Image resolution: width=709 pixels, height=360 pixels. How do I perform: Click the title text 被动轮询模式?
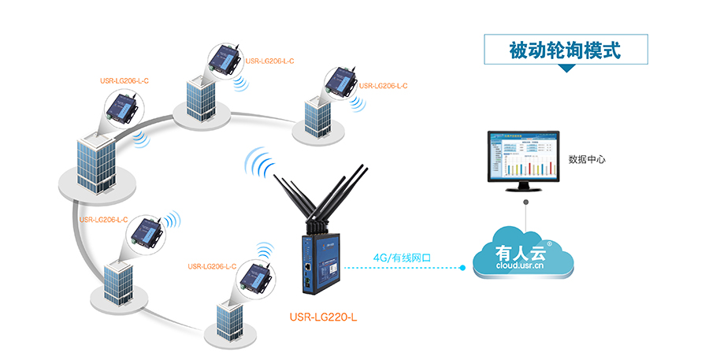click(x=565, y=50)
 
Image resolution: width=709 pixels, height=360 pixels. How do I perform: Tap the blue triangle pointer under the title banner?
click(x=566, y=69)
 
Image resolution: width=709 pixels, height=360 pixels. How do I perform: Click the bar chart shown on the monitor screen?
click(x=528, y=166)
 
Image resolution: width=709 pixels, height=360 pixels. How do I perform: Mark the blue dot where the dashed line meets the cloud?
click(x=463, y=268)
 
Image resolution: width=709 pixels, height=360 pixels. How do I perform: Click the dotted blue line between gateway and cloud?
click(x=394, y=268)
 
